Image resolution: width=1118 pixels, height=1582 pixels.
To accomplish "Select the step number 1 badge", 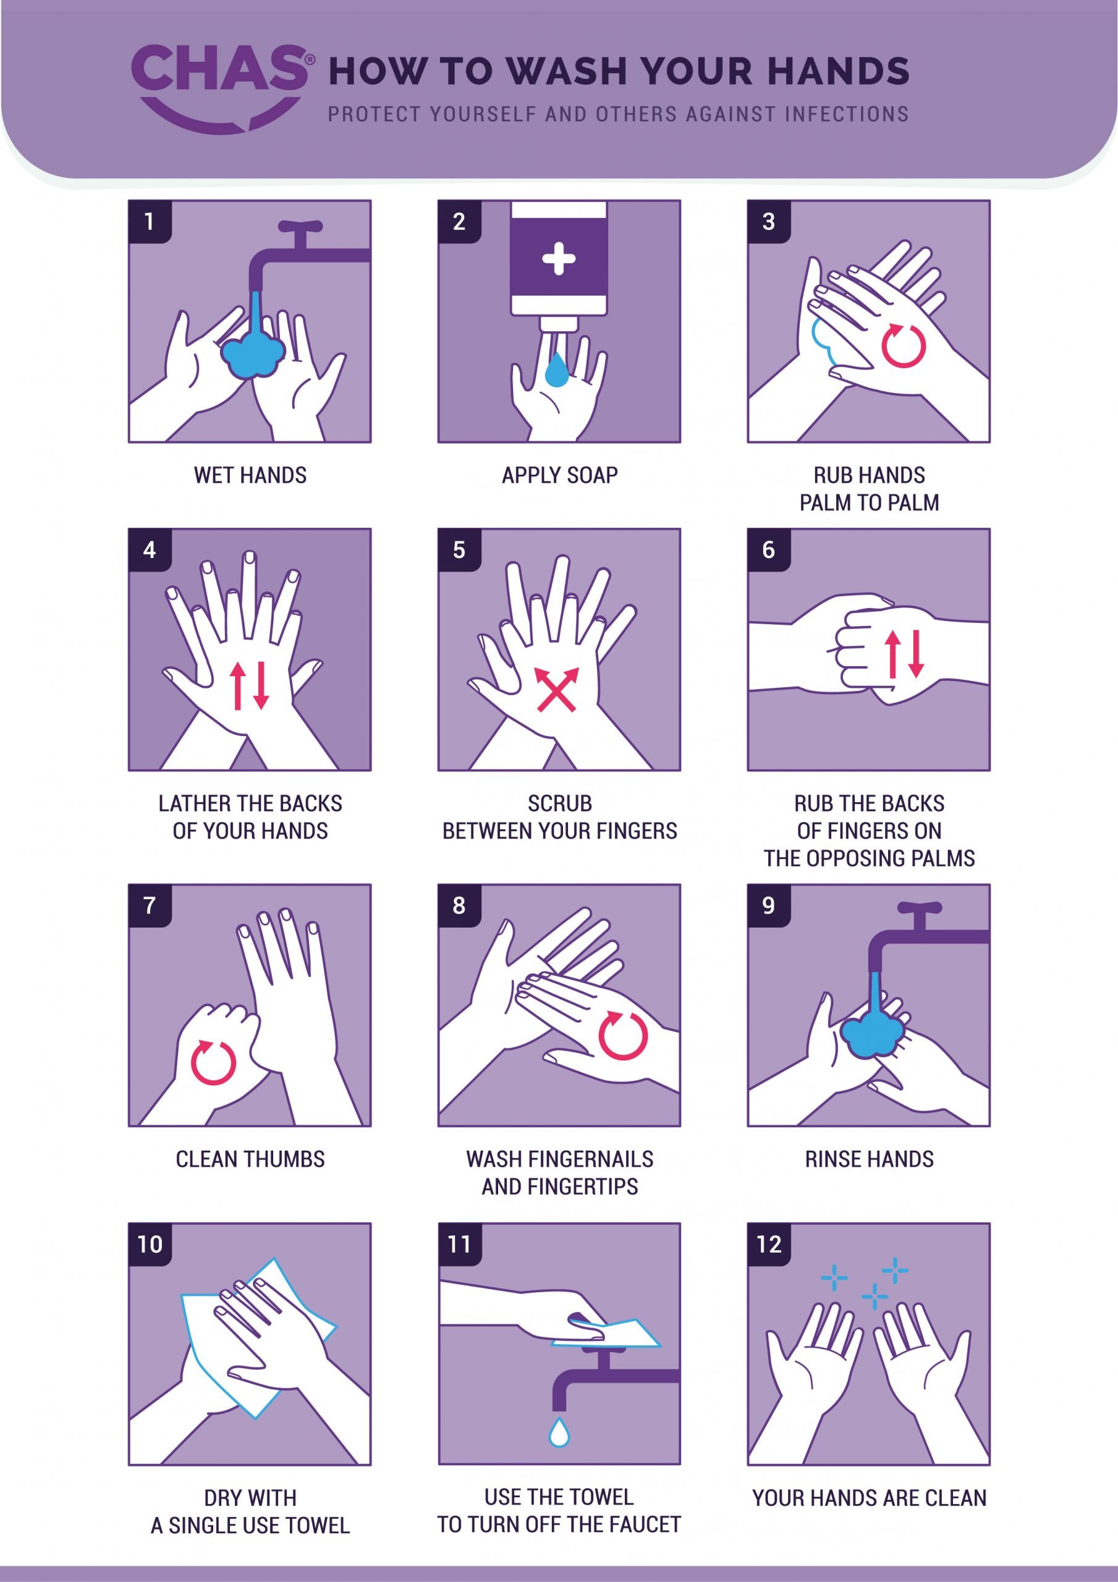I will click(x=150, y=222).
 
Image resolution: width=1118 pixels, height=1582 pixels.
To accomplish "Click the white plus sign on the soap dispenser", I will click(x=558, y=260).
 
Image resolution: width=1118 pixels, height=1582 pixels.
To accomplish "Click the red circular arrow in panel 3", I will click(x=903, y=345).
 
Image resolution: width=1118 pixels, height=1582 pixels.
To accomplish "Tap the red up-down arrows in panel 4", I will click(x=250, y=685).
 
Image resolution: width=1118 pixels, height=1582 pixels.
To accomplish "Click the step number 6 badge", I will click(x=769, y=550).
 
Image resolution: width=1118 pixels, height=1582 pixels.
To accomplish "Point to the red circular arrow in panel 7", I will click(x=214, y=1062).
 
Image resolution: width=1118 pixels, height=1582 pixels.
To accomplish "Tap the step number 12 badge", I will click(x=769, y=1245).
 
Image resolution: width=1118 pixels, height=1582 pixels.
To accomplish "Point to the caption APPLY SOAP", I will click(x=559, y=475).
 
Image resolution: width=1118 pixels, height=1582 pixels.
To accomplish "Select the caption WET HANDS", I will click(x=250, y=475).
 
